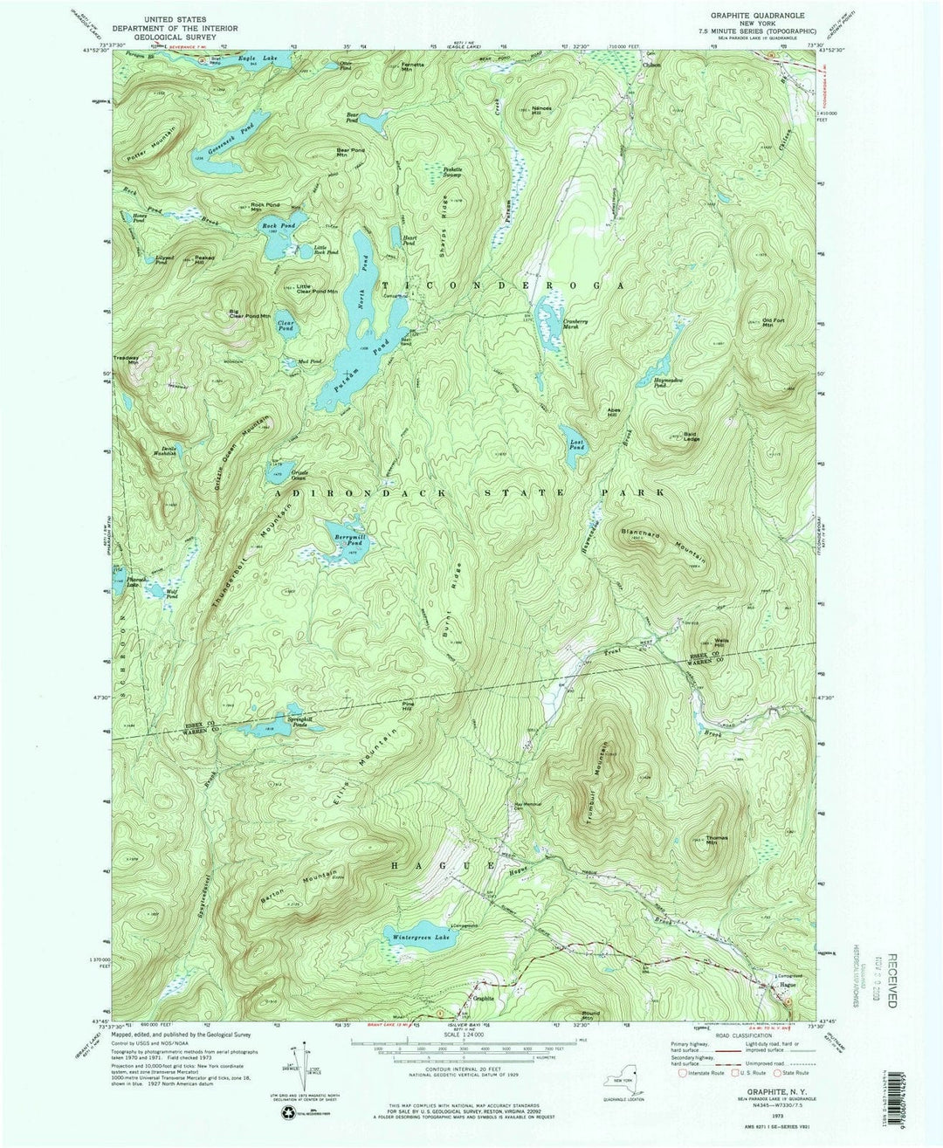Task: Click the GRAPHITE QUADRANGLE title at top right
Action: coord(756,16)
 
